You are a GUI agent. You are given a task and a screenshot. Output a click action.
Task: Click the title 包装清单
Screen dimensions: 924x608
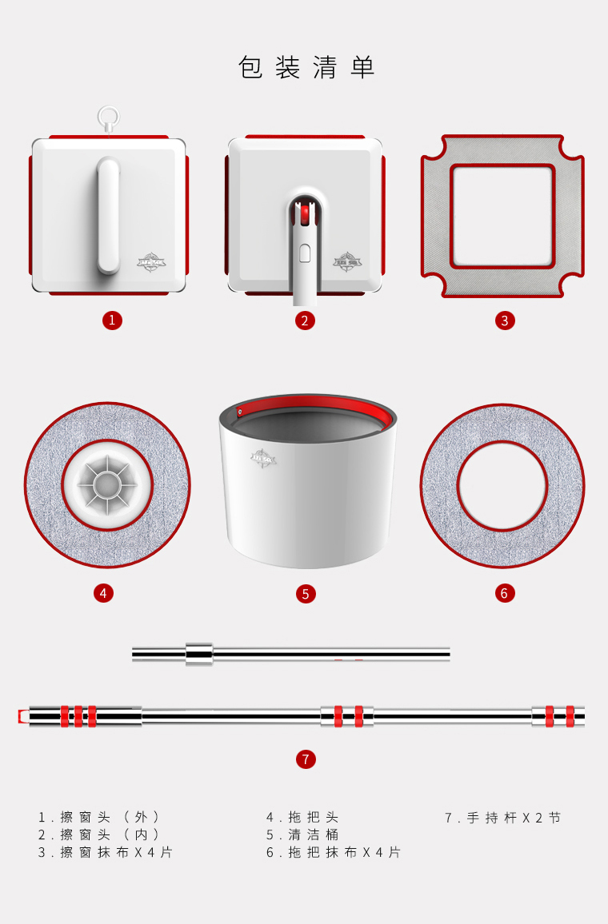306,67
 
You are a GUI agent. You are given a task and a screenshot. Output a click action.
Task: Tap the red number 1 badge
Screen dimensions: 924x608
111,321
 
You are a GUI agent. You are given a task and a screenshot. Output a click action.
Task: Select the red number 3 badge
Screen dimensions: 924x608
504,321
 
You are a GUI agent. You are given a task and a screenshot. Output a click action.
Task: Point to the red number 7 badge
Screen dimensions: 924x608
306,759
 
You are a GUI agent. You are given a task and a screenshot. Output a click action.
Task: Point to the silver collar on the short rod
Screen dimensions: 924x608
199,654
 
